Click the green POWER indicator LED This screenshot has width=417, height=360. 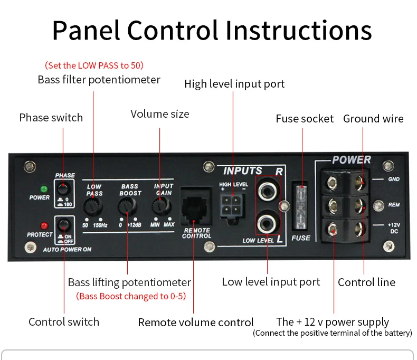[x=44, y=188]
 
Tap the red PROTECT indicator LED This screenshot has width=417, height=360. [x=44, y=225]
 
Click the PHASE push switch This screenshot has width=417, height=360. [x=64, y=190]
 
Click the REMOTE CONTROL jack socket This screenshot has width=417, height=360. [x=196, y=206]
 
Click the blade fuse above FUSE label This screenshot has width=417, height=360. [x=301, y=206]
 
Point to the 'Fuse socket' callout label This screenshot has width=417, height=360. [x=305, y=119]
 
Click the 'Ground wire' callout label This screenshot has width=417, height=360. [x=373, y=119]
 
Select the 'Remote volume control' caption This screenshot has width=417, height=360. [x=196, y=322]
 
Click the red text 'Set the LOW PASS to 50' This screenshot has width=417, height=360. [x=94, y=65]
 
